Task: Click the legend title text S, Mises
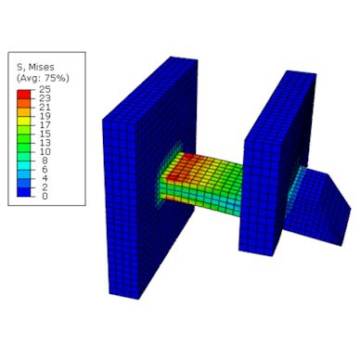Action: (35, 67)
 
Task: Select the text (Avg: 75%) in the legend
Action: (43, 78)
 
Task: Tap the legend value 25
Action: (45, 90)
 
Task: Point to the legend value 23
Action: (45, 98)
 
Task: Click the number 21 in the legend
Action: (45, 108)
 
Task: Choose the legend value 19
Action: (45, 117)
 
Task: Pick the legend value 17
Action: (45, 125)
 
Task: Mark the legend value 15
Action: (45, 135)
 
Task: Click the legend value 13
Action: (45, 143)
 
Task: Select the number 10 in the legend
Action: (45, 152)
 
